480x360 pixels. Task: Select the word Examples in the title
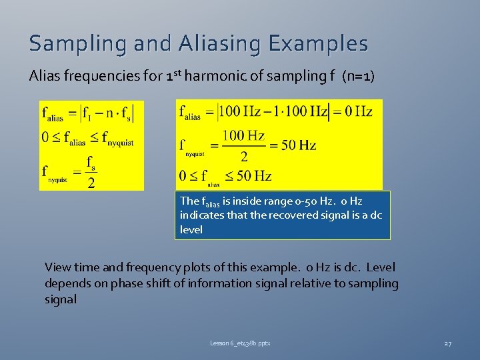pyautogui.click(x=318, y=44)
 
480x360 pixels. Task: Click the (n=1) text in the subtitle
pyautogui.click(x=358, y=76)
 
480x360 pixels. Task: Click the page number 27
pyautogui.click(x=447, y=343)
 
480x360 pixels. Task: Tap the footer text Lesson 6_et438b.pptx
pyautogui.click(x=240, y=343)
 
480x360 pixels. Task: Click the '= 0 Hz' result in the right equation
pyautogui.click(x=354, y=111)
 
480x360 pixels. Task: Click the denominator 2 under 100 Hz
pyautogui.click(x=243, y=157)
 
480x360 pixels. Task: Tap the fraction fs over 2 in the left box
pyautogui.click(x=91, y=172)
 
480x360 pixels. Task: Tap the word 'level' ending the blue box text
pyautogui.click(x=191, y=229)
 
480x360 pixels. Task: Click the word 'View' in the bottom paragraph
pyautogui.click(x=57, y=267)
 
